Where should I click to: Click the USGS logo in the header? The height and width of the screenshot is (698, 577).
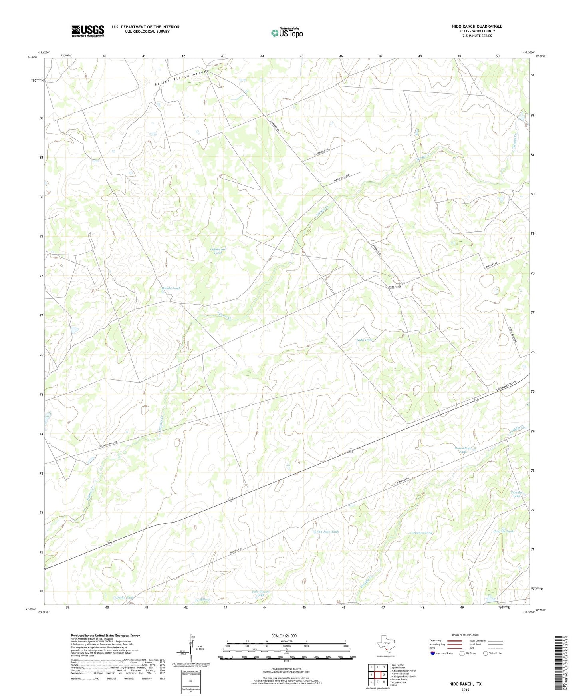88,31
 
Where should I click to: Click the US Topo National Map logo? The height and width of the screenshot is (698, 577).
287,32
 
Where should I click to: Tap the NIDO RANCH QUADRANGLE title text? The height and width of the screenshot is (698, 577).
477,26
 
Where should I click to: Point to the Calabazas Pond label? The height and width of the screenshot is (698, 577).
218,251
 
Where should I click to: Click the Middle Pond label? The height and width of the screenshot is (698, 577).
171,288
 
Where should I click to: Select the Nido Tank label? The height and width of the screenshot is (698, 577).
364,340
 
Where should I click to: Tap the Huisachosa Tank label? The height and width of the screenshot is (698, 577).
463,450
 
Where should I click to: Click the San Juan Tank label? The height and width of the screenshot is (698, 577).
327,532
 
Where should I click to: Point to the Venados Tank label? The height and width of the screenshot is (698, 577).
421,533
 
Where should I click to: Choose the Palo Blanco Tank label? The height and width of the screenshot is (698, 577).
261,593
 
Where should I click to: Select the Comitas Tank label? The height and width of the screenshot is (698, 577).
516,494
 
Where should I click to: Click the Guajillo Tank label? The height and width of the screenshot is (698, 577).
503,531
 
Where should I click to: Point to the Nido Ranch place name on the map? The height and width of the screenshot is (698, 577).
395,287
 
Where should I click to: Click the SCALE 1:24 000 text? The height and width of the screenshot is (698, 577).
284,636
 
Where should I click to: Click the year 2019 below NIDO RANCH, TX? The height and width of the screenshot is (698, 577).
465,690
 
